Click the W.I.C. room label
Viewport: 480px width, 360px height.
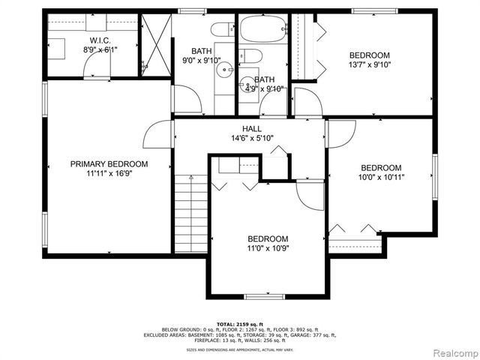click(x=100, y=40)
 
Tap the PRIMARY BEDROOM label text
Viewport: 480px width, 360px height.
click(x=109, y=163)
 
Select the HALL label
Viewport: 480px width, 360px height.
click(x=252, y=129)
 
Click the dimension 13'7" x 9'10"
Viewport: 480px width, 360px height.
click(x=370, y=64)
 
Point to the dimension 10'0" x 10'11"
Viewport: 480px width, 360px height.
click(x=381, y=178)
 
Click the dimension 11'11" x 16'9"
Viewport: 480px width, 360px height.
click(x=109, y=173)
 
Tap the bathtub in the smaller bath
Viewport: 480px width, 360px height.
click(x=262, y=29)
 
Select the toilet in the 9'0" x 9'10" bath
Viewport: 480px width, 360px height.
click(x=221, y=30)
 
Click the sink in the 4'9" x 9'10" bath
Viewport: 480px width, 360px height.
click(x=247, y=83)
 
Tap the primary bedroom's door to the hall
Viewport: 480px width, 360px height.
click(x=160, y=134)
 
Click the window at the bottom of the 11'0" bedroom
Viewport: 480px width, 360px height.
click(x=265, y=296)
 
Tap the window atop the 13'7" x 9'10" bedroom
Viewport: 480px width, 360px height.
click(x=374, y=10)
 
